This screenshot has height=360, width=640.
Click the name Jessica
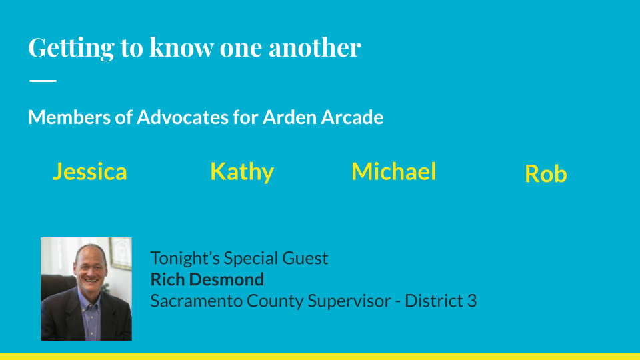tap(90, 172)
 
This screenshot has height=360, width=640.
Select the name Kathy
tap(241, 172)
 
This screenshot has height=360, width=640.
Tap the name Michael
tap(394, 171)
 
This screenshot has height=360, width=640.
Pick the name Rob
tap(546, 174)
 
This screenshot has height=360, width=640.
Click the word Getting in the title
tap(71, 48)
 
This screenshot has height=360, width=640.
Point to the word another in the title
tap(315, 47)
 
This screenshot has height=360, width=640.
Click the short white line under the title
tap(43, 81)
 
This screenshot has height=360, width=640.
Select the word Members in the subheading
tap(69, 117)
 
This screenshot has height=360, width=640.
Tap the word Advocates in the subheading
tap(183, 117)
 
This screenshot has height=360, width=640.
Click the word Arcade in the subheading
tap(352, 117)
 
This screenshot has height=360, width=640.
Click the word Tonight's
tap(185, 259)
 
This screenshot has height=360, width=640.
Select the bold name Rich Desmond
tap(207, 279)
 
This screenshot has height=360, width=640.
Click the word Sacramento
tap(196, 301)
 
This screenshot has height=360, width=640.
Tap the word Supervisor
tap(349, 301)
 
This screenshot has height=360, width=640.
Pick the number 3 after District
tap(472, 301)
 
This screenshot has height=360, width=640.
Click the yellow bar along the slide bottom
tap(320, 356)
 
